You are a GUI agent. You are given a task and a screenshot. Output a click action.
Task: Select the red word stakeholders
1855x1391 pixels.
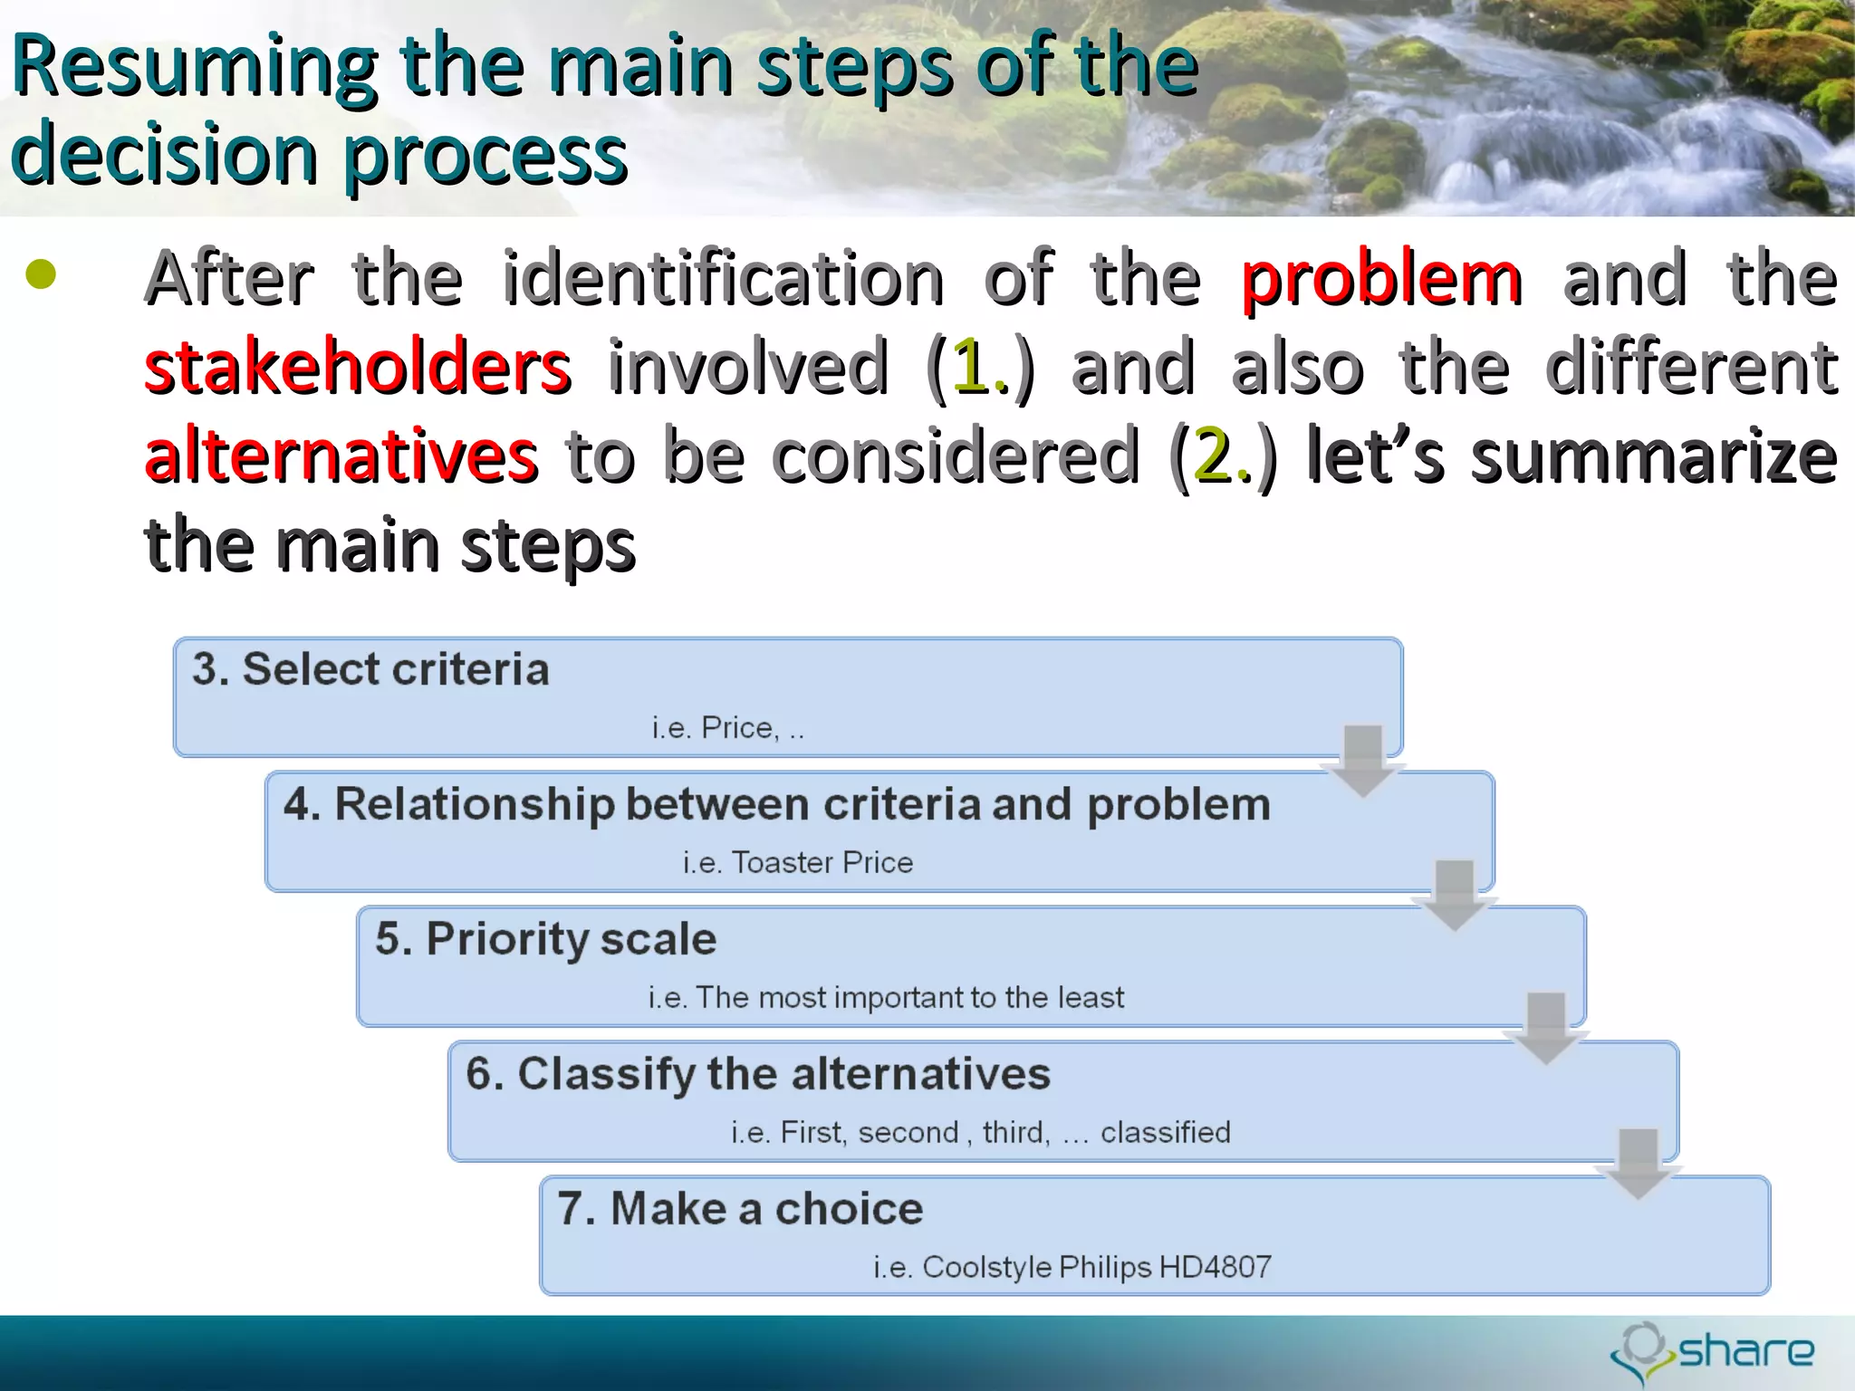point(358,367)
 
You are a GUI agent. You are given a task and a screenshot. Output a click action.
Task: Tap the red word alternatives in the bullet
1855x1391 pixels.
point(341,455)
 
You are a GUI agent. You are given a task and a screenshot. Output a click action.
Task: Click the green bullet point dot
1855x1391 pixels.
point(41,274)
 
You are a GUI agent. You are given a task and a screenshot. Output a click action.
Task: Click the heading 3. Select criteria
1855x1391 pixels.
point(370,670)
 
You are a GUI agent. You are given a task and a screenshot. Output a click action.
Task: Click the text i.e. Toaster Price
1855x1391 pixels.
point(797,862)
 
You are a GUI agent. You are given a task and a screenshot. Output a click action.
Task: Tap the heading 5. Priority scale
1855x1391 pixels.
point(545,939)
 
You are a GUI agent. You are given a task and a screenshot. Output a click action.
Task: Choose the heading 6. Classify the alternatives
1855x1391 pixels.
point(757,1074)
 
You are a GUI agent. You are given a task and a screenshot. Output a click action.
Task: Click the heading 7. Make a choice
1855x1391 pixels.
point(740,1209)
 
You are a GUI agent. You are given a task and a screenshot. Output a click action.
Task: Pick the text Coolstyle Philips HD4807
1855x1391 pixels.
point(1096,1267)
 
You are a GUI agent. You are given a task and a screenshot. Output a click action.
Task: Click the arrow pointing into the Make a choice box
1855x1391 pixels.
point(1638,1163)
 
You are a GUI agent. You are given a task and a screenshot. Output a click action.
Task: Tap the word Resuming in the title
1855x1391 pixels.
point(195,67)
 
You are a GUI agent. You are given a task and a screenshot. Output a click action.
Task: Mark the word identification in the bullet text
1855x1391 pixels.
point(723,279)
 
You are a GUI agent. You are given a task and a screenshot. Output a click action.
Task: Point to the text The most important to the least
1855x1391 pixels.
point(909,997)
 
